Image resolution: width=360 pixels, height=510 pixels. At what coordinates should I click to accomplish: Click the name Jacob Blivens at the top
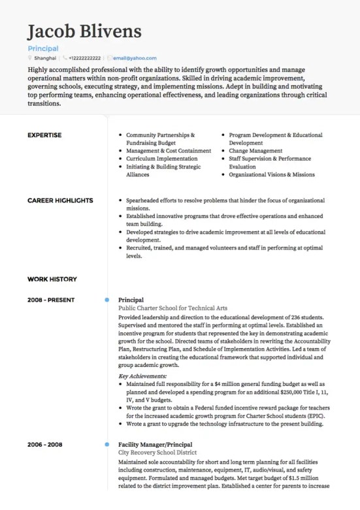pyautogui.click(x=84, y=31)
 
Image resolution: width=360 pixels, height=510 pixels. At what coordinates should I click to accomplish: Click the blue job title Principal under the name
pyautogui.click(x=43, y=48)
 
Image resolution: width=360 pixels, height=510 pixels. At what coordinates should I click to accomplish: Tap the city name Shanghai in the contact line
pyautogui.click(x=45, y=58)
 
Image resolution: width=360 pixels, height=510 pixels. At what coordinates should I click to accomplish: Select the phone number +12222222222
pyautogui.click(x=85, y=58)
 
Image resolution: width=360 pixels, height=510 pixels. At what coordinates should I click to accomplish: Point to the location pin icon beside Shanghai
pyautogui.click(x=30, y=58)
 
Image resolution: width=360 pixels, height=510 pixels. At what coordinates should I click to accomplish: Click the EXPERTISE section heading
pyautogui.click(x=44, y=135)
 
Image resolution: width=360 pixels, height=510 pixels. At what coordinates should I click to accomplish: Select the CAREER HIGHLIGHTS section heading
pyautogui.click(x=60, y=200)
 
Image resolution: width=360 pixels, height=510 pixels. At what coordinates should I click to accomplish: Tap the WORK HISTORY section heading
pyautogui.click(x=52, y=279)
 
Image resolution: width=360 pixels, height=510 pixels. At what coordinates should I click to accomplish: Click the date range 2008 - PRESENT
pyautogui.click(x=51, y=300)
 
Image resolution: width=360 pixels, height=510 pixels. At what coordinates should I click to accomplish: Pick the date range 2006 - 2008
pyautogui.click(x=45, y=444)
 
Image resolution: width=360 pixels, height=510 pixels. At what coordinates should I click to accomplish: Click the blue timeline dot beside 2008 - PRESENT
pyautogui.click(x=106, y=300)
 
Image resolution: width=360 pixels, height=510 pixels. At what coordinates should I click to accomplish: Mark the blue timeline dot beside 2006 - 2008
pyautogui.click(x=106, y=444)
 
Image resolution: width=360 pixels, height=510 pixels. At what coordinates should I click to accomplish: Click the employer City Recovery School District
pyautogui.click(x=157, y=452)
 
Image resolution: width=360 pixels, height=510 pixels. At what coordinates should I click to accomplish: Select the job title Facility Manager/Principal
pyautogui.click(x=155, y=444)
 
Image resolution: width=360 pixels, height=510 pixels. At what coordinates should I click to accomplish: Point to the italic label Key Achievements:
pyautogui.click(x=142, y=376)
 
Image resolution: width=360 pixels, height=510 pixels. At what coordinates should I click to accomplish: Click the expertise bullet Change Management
pyautogui.click(x=255, y=151)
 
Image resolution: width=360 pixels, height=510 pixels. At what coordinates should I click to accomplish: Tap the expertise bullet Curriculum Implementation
pyautogui.click(x=161, y=159)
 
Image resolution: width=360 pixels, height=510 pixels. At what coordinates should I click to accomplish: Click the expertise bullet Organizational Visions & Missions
pyautogui.click(x=272, y=174)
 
